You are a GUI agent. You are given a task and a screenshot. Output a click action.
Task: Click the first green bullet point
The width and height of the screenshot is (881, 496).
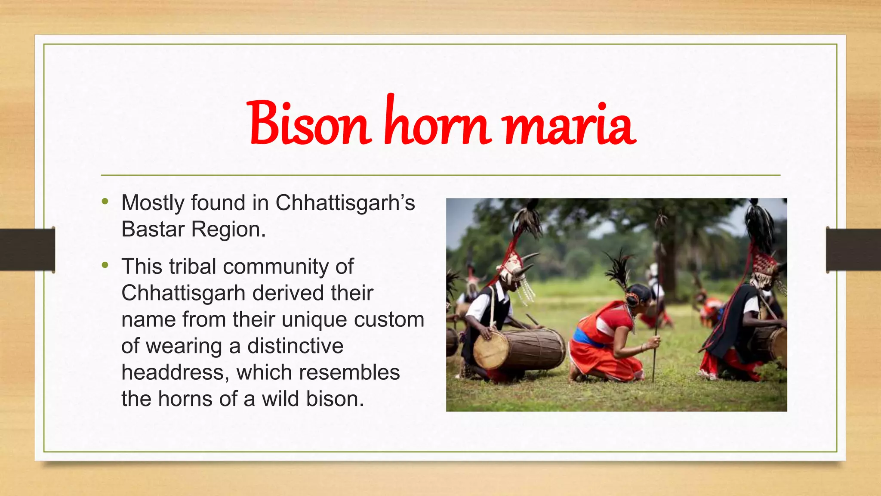coord(105,201)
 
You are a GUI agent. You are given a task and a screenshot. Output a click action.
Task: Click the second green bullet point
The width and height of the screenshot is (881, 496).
coord(105,265)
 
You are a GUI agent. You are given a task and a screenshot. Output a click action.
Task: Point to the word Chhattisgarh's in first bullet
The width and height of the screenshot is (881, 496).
coord(345,203)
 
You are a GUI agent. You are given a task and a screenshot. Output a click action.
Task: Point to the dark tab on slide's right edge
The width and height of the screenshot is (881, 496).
coord(853,250)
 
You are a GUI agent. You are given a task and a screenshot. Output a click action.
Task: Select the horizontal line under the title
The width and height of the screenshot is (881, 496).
coord(440,175)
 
